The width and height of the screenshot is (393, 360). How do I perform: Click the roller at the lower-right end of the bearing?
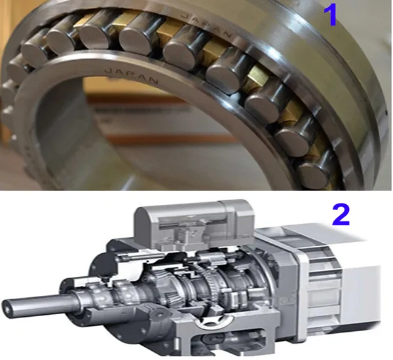tap(313, 171)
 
